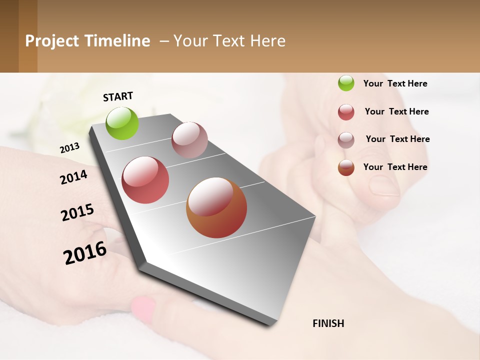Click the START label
[118, 96]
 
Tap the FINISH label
[328, 323]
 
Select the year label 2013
[69, 147]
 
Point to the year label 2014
[74, 177]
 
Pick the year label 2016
[85, 253]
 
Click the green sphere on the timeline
[122, 123]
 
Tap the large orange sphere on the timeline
[216, 207]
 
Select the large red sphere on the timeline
[145, 180]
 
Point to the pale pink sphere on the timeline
[189, 140]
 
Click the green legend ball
[346, 83]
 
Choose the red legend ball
[346, 112]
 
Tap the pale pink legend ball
[346, 140]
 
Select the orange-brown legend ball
[346, 167]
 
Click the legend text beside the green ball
[395, 83]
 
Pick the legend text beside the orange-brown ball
[395, 167]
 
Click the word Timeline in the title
[117, 41]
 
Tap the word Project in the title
[51, 41]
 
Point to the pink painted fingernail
[143, 309]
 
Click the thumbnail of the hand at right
[384, 186]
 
